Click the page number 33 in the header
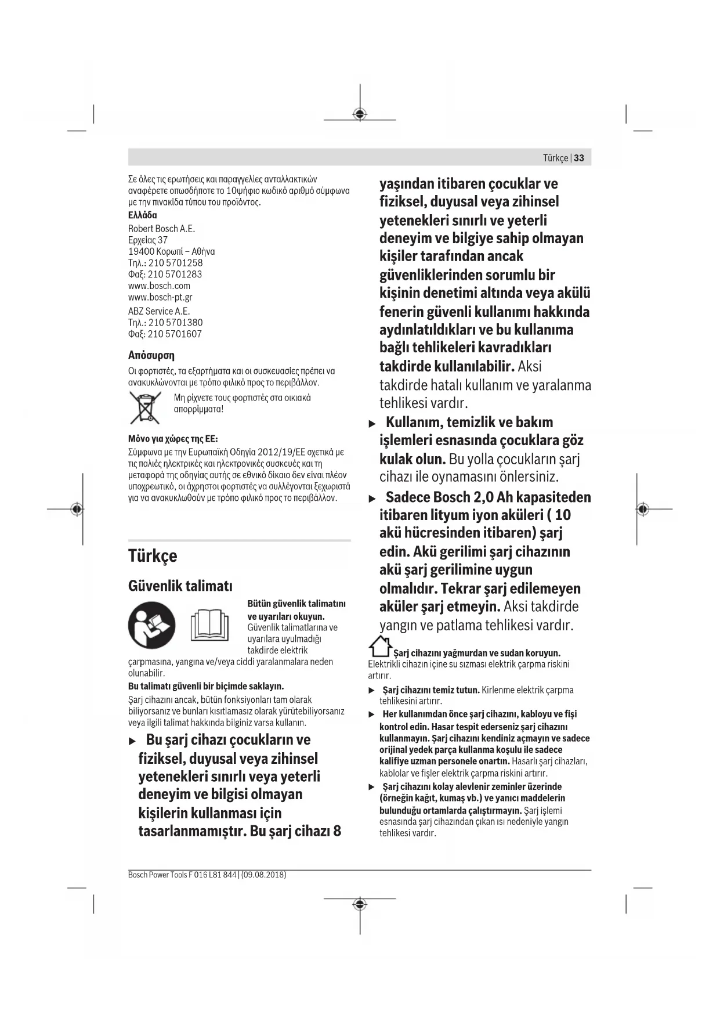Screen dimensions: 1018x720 pos(579,158)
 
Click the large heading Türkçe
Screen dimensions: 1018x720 pos(153,556)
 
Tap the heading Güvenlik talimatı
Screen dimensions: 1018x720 pos(180,586)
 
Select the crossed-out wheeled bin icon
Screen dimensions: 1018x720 pos(144,407)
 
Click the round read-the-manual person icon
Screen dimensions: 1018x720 pos(151,625)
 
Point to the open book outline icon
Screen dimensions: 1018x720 pos(210,625)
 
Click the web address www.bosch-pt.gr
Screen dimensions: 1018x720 pos(160,297)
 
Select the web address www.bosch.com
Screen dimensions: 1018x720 pos(159,286)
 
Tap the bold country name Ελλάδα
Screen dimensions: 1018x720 pos(142,215)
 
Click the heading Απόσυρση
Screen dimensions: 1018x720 pos(151,355)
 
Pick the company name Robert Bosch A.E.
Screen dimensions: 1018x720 pos(161,229)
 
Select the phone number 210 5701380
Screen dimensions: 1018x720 pos(175,323)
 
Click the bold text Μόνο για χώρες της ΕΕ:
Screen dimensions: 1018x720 pos(173,439)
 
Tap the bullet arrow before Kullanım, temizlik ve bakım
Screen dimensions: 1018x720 pos(372,424)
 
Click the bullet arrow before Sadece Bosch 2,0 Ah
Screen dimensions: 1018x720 pos(372,499)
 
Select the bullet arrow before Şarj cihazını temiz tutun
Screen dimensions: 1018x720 pos(372,691)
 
